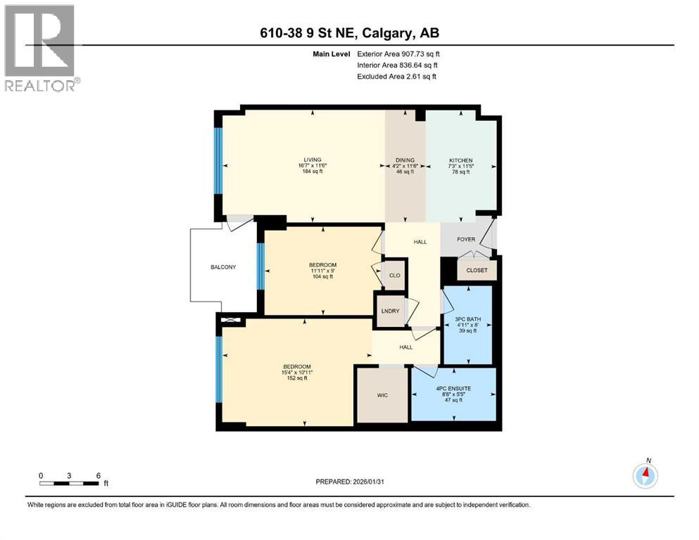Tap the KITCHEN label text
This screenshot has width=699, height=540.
point(461,160)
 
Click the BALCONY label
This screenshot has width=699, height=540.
point(223,267)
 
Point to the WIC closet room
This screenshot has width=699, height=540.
point(382,395)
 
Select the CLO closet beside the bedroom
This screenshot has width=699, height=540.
point(394,275)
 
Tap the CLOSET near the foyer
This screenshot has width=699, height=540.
point(477,269)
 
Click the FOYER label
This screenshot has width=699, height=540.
point(466,240)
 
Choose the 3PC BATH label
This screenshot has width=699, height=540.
point(467,319)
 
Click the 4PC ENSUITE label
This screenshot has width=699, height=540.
point(453,388)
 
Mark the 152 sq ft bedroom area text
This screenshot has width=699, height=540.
point(296,378)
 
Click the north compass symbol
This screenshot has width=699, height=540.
point(646,476)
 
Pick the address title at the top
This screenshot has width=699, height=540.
point(349,33)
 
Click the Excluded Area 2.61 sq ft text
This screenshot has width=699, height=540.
point(396,76)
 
